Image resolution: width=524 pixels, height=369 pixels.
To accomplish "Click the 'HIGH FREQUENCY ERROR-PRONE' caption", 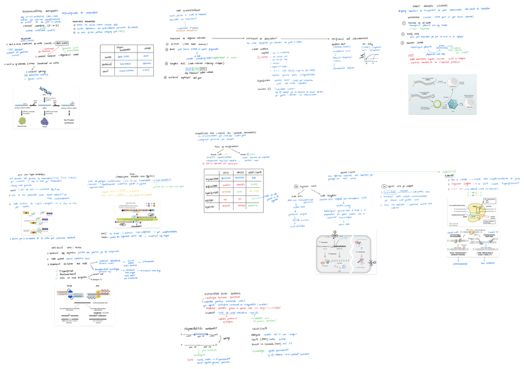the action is click(459, 253).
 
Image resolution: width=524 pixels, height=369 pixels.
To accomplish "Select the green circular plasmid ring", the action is click(437, 105).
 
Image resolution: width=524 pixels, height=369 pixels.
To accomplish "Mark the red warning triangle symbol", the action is click(260, 57).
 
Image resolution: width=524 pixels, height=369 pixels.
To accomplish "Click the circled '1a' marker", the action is click(296, 185).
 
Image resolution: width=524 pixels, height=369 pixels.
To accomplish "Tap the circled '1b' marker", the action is click(384, 185).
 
